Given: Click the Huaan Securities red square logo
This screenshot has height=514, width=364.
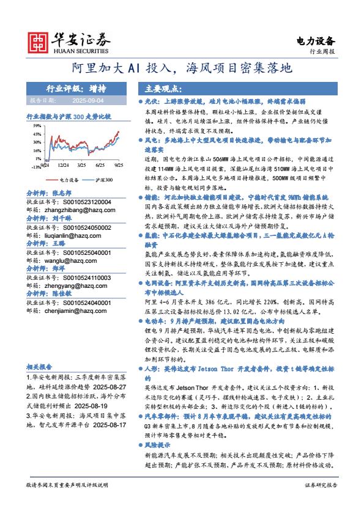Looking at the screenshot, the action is click(x=39, y=41).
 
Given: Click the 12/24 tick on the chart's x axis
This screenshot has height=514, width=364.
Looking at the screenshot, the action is click(x=63, y=165).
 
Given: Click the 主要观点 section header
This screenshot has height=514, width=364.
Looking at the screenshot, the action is click(x=154, y=87).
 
